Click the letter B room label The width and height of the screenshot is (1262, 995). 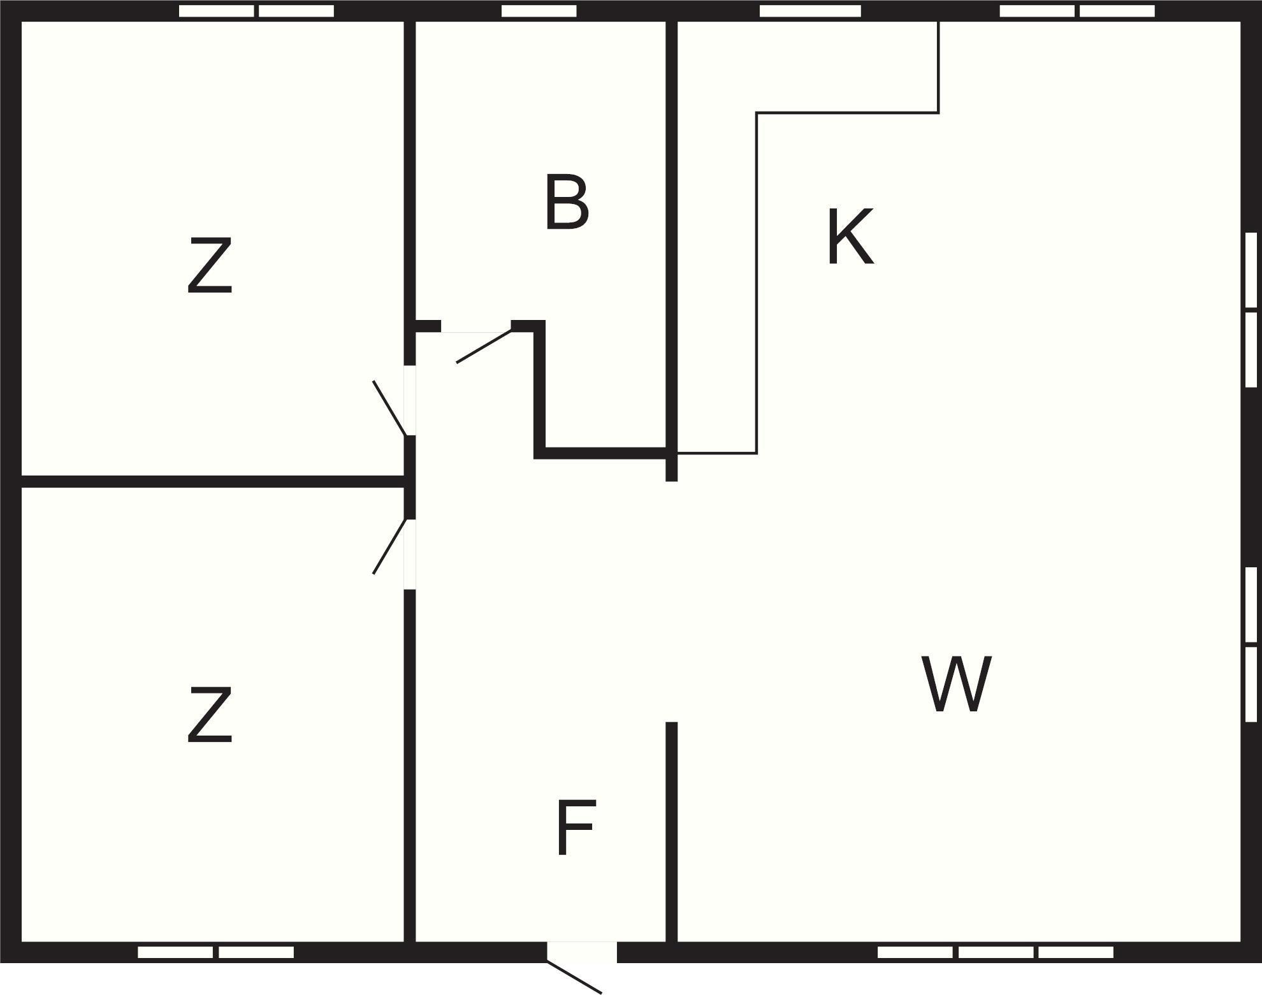(567, 202)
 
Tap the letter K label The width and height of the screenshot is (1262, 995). (850, 236)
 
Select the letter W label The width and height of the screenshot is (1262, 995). (957, 684)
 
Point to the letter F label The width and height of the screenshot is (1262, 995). (576, 827)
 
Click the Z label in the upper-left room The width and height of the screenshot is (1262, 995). (209, 266)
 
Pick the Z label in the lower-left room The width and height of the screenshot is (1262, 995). (209, 715)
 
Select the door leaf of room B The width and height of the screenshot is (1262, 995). (484, 346)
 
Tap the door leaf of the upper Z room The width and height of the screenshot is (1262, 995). (389, 408)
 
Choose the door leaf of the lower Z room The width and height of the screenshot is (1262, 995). (389, 546)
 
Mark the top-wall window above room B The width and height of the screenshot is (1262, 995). (539, 11)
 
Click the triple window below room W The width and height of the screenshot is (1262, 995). (996, 952)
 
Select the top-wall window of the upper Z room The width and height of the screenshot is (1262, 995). (256, 11)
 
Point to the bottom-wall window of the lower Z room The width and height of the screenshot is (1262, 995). (216, 952)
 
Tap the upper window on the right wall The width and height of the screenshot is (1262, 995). (1251, 310)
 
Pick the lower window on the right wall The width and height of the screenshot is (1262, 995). (1251, 644)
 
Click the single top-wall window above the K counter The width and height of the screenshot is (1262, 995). (810, 11)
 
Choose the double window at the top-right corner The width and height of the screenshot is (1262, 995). (1077, 11)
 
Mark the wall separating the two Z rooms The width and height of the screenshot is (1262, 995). (213, 481)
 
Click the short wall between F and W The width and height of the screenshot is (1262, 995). (671, 832)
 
